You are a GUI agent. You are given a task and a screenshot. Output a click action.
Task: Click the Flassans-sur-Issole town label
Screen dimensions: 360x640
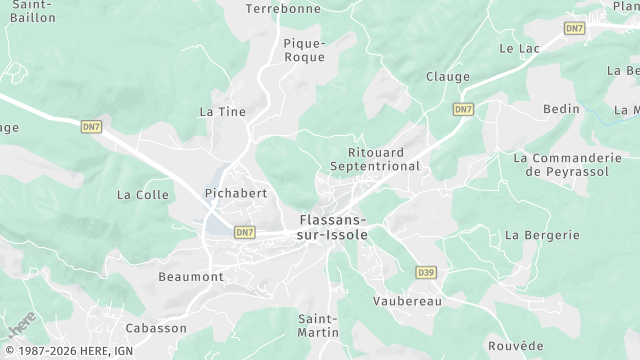click(x=333, y=227)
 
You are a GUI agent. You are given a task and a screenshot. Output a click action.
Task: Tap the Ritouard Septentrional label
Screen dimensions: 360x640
click(x=375, y=159)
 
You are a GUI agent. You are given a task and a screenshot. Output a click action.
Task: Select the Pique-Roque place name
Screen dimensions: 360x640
click(x=304, y=50)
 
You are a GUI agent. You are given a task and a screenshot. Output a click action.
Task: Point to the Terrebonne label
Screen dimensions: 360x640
click(x=283, y=8)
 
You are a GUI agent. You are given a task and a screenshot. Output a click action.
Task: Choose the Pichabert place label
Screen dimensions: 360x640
click(x=235, y=192)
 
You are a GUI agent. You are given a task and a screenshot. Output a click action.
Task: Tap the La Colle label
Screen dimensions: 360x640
click(x=143, y=195)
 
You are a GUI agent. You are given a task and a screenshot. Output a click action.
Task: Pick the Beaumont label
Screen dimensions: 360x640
click(x=191, y=276)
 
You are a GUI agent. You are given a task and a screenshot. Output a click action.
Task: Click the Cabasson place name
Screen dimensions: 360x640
click(x=156, y=328)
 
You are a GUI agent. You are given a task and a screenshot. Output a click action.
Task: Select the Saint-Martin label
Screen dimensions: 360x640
click(x=318, y=325)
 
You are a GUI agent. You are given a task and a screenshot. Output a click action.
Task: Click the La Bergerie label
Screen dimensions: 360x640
click(x=542, y=235)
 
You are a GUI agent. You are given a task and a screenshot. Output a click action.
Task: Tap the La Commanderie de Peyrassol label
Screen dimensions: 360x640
click(x=567, y=165)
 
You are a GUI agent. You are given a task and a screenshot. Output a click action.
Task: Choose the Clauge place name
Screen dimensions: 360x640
click(x=447, y=76)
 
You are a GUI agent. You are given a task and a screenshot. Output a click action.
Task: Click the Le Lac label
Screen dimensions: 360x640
click(x=519, y=48)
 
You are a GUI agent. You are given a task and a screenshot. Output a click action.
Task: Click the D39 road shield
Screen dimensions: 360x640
click(x=426, y=272)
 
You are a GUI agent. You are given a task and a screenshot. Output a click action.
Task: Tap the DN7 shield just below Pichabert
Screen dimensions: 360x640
click(x=245, y=232)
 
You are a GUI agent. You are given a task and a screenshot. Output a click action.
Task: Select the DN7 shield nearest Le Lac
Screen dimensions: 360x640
click(x=574, y=28)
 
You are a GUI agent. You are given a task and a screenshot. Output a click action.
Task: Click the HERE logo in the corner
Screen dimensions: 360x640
click(x=20, y=324)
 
